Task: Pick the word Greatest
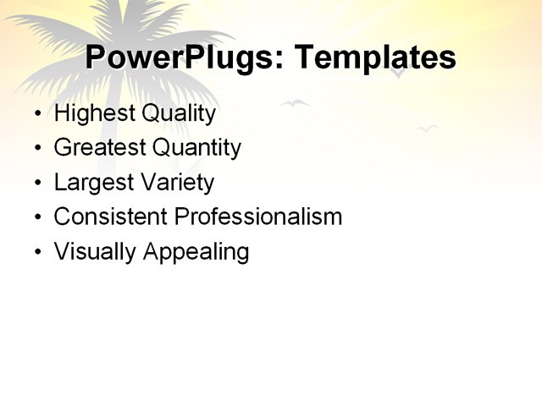[99, 148]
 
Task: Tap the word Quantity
[196, 149]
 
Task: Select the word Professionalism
[258, 217]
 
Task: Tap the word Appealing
[196, 252]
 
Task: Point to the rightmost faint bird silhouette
[428, 129]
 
